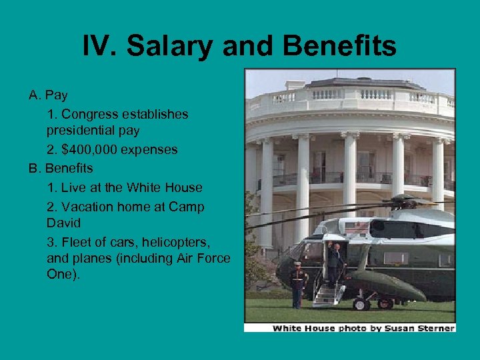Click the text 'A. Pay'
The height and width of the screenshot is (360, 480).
coord(48,95)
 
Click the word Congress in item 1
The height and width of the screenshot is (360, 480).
coord(87,114)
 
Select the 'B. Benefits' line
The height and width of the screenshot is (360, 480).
coord(61,168)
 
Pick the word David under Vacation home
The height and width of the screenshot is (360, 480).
coord(63,223)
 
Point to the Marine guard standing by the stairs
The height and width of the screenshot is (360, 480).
coord(298,283)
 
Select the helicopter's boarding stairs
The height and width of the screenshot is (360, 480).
coord(328,293)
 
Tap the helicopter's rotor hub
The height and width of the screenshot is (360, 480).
coord(402,200)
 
